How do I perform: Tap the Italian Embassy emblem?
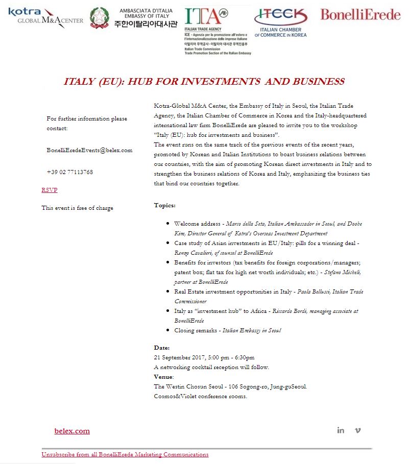100,17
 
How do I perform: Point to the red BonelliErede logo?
360,15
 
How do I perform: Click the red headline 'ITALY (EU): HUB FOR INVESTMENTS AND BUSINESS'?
204,82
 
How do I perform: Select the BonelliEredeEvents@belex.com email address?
89,150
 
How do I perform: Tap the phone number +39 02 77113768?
69,172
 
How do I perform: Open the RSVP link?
50,190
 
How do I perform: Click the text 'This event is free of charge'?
78,208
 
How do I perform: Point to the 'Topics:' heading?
164,205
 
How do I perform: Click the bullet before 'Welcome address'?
168,224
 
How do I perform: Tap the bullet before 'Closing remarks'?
168,330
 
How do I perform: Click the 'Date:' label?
162,348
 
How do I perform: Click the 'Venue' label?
163,377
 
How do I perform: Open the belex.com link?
72,431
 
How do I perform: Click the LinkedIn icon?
341,430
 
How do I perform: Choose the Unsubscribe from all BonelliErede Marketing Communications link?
125,454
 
